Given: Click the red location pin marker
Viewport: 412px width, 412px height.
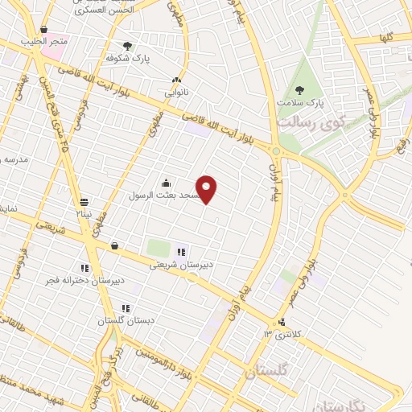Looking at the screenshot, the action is (x=207, y=189).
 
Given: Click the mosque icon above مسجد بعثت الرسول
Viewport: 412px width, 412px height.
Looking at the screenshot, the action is (x=166, y=182).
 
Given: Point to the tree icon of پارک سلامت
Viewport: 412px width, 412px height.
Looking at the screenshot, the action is (x=300, y=90).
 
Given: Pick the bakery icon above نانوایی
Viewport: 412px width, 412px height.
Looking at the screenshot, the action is (x=177, y=80).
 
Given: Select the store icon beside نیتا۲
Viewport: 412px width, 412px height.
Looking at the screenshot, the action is (x=84, y=202).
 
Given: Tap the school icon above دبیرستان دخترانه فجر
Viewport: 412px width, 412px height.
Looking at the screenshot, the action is (x=84, y=268).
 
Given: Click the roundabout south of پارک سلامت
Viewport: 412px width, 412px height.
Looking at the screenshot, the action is (x=276, y=151).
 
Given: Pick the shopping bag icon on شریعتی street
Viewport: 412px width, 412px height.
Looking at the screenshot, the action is (x=114, y=246).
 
